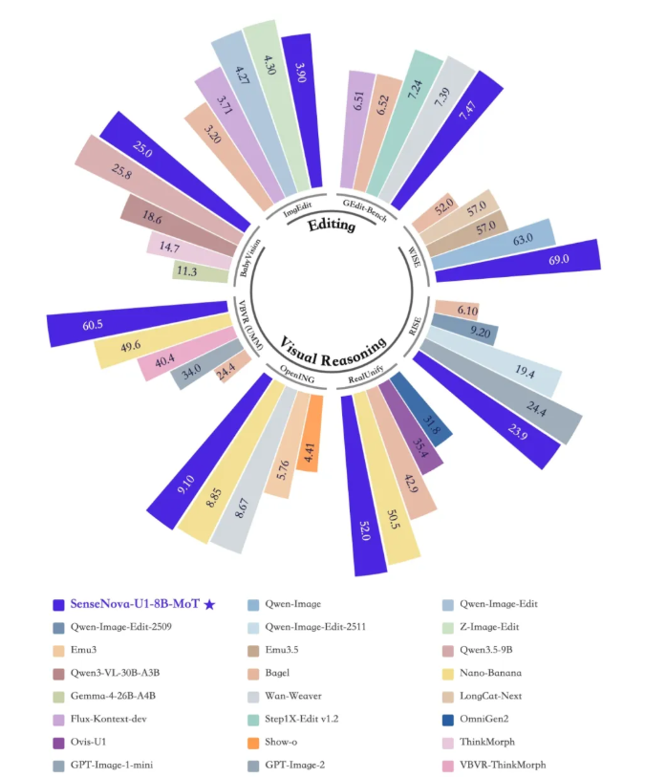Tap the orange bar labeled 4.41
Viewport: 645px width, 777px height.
coord(310,429)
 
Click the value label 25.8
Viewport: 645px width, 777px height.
coord(148,174)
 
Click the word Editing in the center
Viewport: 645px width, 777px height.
coord(331,227)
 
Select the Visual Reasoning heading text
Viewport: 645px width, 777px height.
coord(333,343)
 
